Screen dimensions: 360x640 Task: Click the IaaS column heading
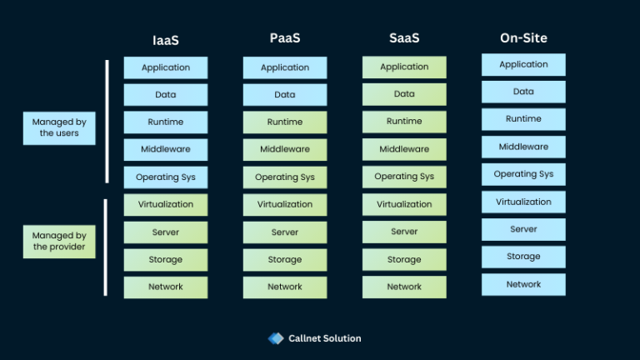point(165,39)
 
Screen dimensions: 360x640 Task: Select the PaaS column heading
point(284,38)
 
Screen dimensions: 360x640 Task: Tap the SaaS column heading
point(403,38)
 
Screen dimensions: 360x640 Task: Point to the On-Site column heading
point(523,37)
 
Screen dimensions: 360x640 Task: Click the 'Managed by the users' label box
point(59,127)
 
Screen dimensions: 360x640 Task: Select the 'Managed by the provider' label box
point(59,241)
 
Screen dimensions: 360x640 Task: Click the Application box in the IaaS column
point(166,67)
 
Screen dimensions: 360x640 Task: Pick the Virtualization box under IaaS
point(166,204)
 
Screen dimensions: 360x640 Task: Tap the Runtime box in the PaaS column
point(285,122)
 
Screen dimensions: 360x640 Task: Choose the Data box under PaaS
point(285,95)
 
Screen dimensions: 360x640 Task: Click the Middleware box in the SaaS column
point(404,149)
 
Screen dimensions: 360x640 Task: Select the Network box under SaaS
point(404,287)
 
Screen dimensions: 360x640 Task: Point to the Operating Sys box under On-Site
point(523,174)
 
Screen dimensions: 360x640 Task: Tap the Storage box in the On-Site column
point(523,257)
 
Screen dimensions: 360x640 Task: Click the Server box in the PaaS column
point(285,232)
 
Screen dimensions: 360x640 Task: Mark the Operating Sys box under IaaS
point(166,177)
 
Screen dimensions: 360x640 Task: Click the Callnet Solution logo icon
point(276,338)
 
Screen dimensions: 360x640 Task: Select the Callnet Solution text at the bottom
point(324,338)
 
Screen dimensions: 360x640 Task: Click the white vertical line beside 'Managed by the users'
point(107,121)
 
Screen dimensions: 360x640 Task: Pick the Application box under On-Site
point(523,65)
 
